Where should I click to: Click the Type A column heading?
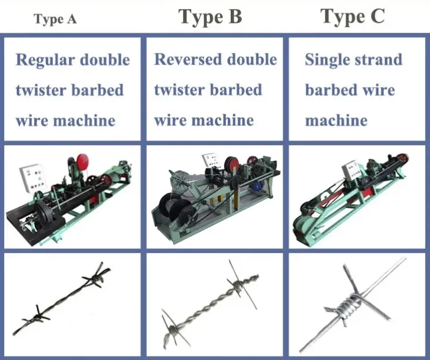coord(55,19)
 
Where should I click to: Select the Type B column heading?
coord(210,17)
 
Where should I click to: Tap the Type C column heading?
coord(353,17)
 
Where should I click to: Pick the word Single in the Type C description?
coord(329,60)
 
